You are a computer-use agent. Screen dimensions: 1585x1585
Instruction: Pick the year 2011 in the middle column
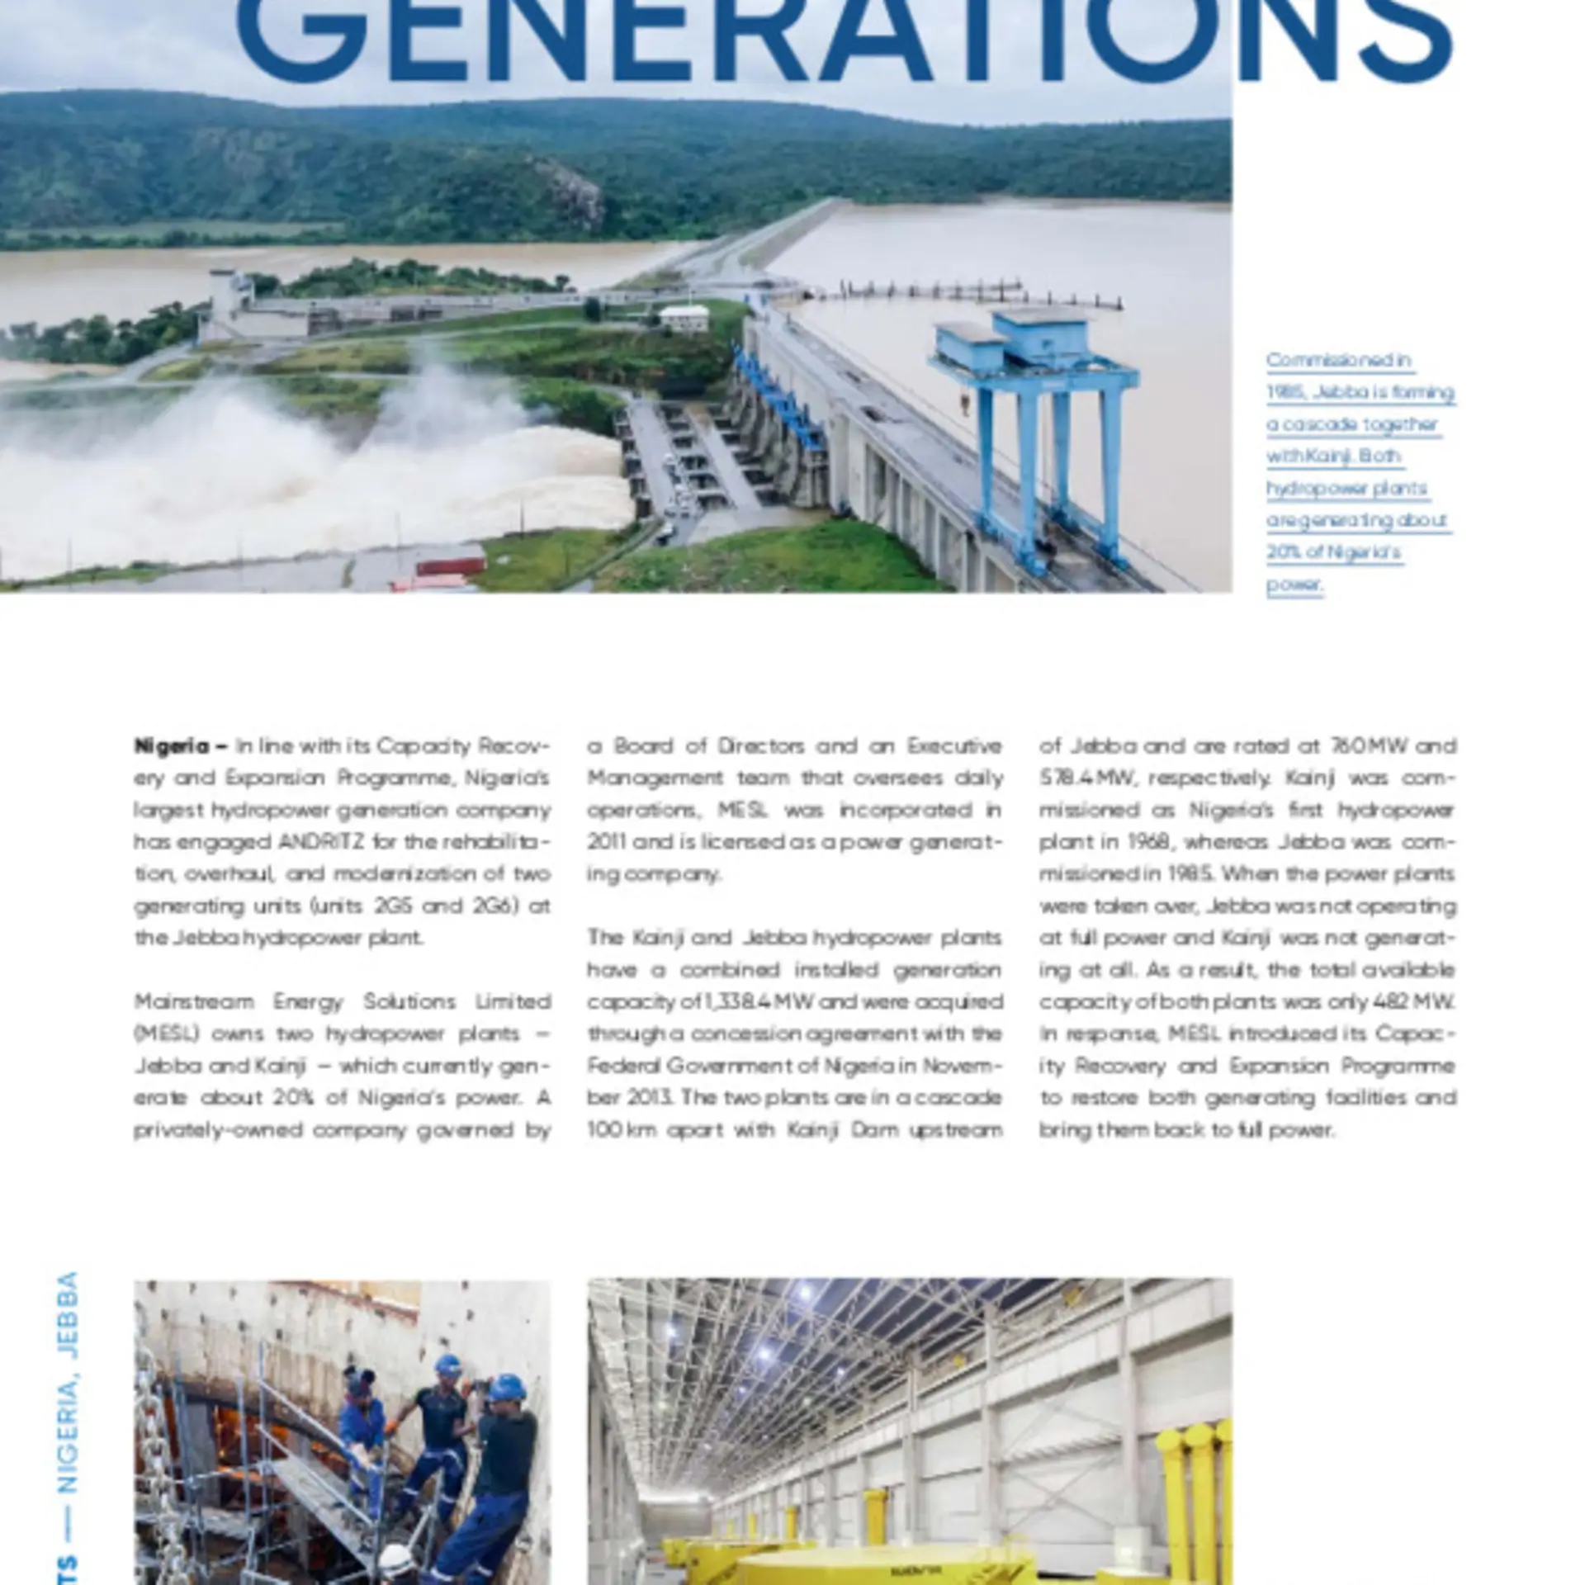point(606,842)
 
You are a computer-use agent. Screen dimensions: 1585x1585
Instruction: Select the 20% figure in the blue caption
point(1282,552)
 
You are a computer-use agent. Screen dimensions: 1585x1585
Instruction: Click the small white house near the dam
point(684,318)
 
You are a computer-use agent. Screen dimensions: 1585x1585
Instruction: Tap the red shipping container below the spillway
point(450,567)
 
